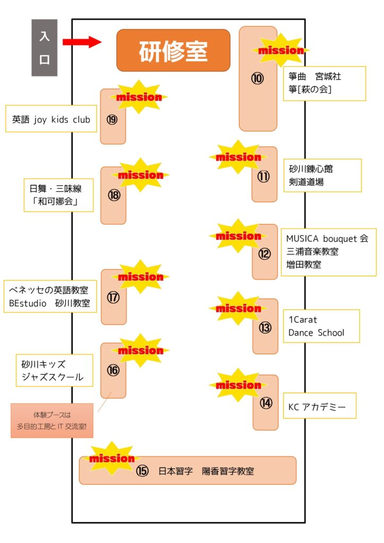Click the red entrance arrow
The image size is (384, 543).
point(82,42)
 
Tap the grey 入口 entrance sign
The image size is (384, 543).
point(44,48)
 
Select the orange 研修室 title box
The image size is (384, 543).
point(173,50)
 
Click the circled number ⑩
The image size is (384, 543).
point(257,78)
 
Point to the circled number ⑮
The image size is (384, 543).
point(142,471)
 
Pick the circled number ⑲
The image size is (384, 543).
point(112,120)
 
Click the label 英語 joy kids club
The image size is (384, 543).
point(51,120)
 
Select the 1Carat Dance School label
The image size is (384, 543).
point(320,326)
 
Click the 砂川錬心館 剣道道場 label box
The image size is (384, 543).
point(321,176)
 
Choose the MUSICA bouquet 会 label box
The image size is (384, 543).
point(328,252)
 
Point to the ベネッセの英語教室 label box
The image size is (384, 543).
point(50,297)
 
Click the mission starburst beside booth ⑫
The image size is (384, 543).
point(239,236)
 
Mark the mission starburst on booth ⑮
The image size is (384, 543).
point(112,458)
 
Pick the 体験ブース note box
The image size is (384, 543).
point(52,421)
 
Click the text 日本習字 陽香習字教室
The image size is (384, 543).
point(206,471)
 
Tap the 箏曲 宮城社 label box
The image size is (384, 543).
point(324,83)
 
